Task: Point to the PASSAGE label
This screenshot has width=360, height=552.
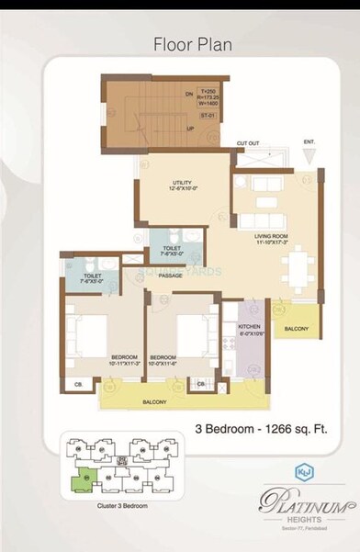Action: (171, 275)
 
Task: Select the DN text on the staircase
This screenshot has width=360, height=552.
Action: (189, 93)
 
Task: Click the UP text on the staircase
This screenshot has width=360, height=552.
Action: (189, 130)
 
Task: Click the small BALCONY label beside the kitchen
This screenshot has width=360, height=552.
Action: (296, 328)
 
